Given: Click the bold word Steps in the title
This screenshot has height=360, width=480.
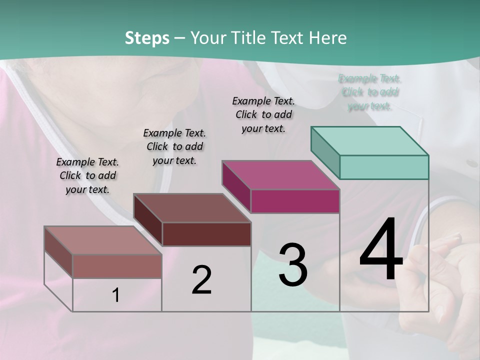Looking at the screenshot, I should pos(147,38).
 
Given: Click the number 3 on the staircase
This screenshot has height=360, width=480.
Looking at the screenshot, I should pos(293,264).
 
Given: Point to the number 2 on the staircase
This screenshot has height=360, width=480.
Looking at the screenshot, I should pos(201,280).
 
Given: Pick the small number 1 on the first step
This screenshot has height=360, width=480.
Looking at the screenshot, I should pos(116,295).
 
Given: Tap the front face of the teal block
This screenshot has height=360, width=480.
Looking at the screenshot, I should pos(384,167).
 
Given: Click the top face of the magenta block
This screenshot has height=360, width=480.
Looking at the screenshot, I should pos(281,175).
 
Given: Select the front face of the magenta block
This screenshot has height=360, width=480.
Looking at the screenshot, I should pos(295,201).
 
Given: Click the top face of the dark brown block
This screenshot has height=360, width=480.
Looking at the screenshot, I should pos(192,208).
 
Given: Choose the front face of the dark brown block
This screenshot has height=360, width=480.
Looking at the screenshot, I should pos(206,234).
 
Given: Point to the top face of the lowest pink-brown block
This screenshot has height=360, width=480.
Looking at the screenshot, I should pos(103,240).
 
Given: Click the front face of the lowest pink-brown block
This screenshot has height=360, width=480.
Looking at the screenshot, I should pos(117,266).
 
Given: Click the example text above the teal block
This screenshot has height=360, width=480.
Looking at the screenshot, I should pos(370,92).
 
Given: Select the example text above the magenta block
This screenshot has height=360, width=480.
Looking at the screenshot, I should pos(263,114).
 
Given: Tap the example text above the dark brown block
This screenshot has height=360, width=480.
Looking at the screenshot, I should pos(174,146).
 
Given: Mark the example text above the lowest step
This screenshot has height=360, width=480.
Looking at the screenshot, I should pos(87,175).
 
